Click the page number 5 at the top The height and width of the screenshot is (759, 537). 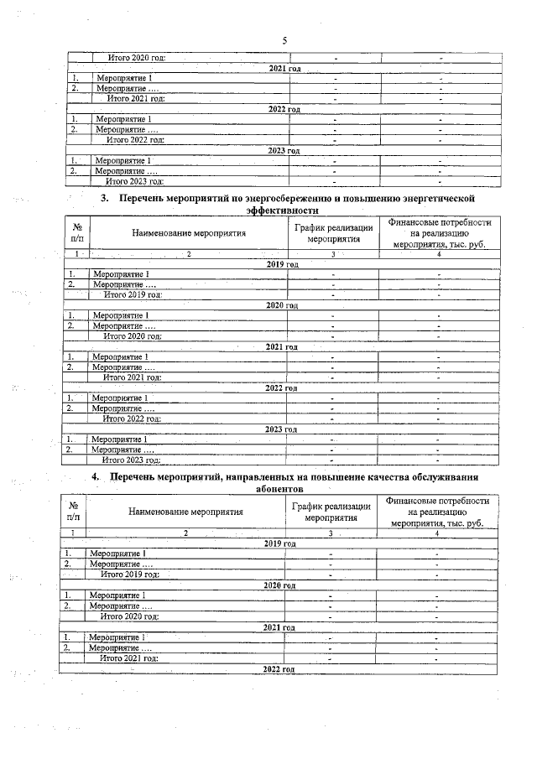(x=284, y=40)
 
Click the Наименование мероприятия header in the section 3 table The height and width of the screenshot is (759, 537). (x=188, y=233)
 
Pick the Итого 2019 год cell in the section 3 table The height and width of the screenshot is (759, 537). (x=132, y=294)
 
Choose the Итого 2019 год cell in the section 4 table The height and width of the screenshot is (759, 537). (x=129, y=574)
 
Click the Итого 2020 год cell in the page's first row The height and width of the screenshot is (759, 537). (x=136, y=58)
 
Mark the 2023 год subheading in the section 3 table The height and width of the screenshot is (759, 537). (x=280, y=429)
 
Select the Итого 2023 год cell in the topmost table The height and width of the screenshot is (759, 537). (x=134, y=180)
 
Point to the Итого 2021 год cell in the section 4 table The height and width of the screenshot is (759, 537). (x=128, y=658)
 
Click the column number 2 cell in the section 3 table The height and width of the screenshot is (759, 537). (x=188, y=253)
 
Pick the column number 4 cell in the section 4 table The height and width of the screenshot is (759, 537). (x=436, y=533)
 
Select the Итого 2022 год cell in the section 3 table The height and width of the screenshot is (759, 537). (x=131, y=418)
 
